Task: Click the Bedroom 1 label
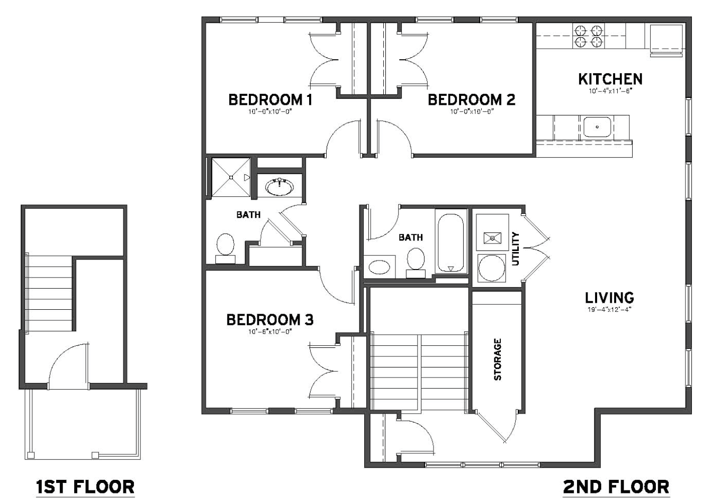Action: pyautogui.click(x=270, y=99)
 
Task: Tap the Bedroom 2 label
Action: pyautogui.click(x=471, y=99)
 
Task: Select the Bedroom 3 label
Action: pyautogui.click(x=270, y=319)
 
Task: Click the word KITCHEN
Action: pyautogui.click(x=610, y=79)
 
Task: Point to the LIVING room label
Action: pyautogui.click(x=610, y=298)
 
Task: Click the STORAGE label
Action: pyautogui.click(x=497, y=359)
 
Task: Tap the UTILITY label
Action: pyautogui.click(x=515, y=249)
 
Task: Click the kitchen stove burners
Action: pyautogui.click(x=589, y=36)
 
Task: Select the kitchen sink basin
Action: pyautogui.click(x=597, y=127)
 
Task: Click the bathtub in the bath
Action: pyautogui.click(x=451, y=243)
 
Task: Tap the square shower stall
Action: pyautogui.click(x=231, y=177)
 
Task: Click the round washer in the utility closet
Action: pyautogui.click(x=491, y=268)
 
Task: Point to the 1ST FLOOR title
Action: pyautogui.click(x=85, y=487)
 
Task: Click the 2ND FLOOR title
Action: pyautogui.click(x=616, y=487)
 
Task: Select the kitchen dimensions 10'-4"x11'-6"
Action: pyautogui.click(x=610, y=91)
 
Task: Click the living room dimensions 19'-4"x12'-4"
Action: pyautogui.click(x=609, y=309)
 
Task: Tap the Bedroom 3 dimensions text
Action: pyautogui.click(x=270, y=332)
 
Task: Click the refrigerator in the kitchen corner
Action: pyautogui.click(x=666, y=40)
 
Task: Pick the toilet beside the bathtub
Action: pyautogui.click(x=415, y=263)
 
